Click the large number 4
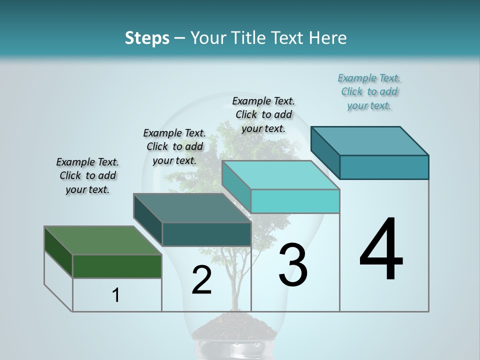pos(381,249)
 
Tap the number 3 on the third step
pos(293,265)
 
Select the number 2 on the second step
pos(202,280)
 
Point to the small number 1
pos(116,295)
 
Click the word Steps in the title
pos(147,38)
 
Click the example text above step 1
pos(87,175)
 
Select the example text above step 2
pos(174,146)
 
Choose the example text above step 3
pos(263,114)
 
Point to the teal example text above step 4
pos(369,91)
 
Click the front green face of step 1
pos(117,266)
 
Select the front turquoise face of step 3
pos(295,201)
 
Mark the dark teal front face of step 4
pos(384,167)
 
